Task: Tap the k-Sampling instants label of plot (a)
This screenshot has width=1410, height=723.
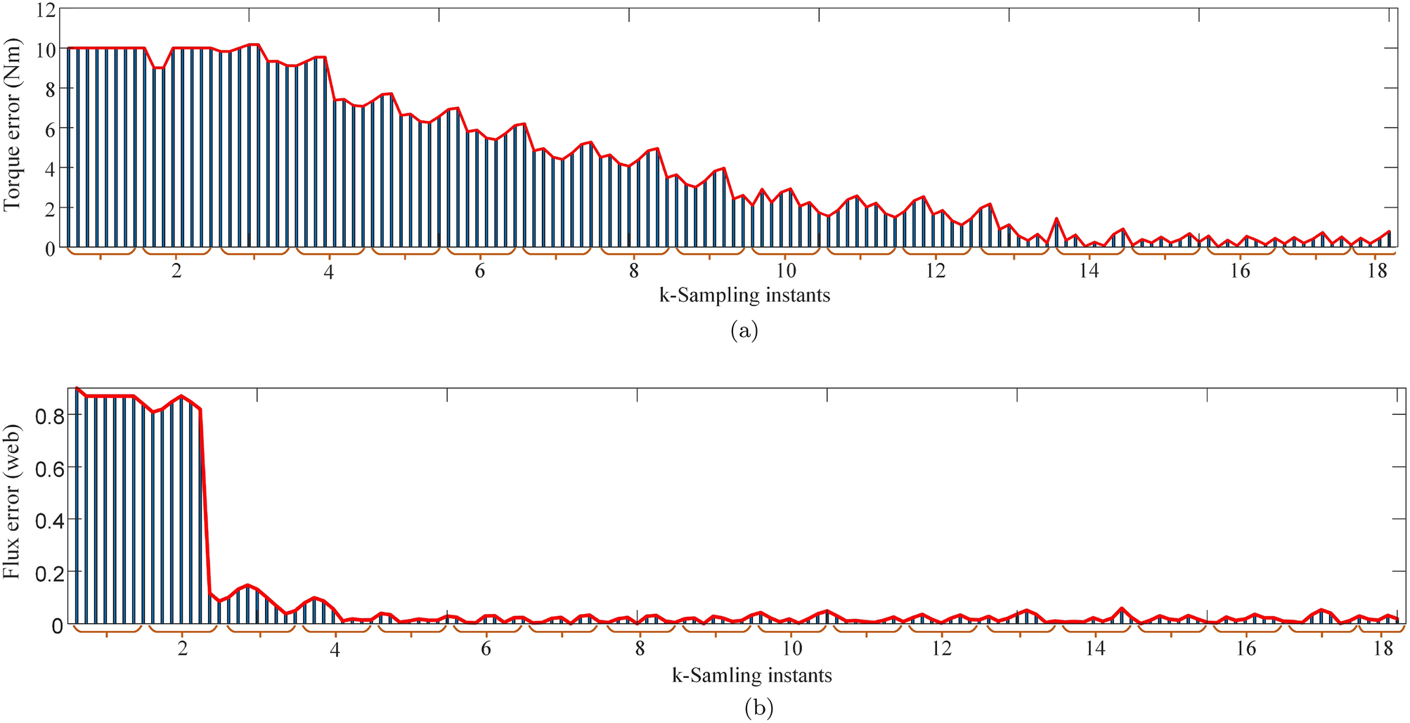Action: (x=744, y=295)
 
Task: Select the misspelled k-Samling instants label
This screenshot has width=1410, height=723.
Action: (x=751, y=677)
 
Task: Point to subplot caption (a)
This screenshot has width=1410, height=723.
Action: (x=744, y=330)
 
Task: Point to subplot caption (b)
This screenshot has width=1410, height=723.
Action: (x=758, y=708)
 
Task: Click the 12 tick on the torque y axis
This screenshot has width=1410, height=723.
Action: (x=44, y=9)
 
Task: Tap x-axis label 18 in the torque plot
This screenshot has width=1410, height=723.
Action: (x=1376, y=271)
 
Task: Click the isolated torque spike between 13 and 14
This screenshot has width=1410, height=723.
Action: (x=1056, y=219)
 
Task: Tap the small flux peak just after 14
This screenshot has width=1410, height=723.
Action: (x=1122, y=608)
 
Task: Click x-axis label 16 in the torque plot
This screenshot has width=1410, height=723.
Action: (x=1240, y=271)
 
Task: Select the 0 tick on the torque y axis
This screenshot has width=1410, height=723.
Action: (x=49, y=249)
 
